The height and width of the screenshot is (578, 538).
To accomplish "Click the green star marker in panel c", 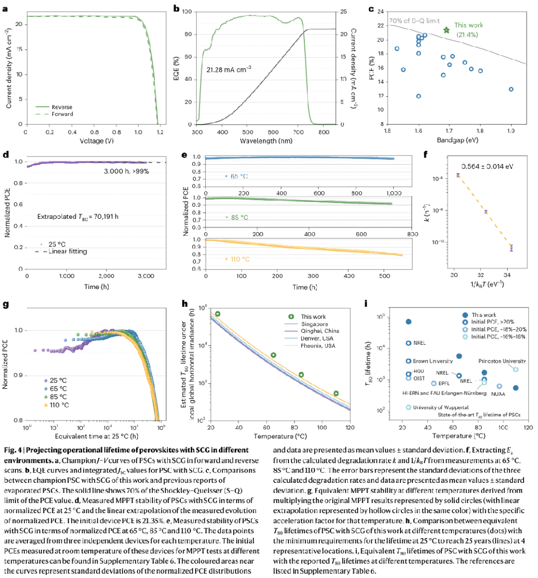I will tap(446, 30).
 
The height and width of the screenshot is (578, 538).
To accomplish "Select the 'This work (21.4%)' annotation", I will tap(468, 30).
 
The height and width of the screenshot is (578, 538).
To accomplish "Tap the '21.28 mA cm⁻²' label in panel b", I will tap(229, 70).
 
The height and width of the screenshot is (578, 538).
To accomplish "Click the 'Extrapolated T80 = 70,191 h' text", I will tap(78, 217).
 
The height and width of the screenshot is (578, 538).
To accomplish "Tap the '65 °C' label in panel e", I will tap(239, 176).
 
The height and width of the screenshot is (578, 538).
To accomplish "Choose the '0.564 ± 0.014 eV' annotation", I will tap(487, 166).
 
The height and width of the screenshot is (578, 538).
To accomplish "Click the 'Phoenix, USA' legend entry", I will tap(318, 345).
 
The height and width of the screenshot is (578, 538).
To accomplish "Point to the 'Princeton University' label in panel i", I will tap(502, 361).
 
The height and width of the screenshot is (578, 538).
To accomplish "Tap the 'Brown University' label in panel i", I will tap(433, 361).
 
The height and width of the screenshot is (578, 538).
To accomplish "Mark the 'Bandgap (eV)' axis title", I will tap(457, 140).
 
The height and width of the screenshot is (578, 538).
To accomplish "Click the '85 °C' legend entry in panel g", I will tap(58, 397).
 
